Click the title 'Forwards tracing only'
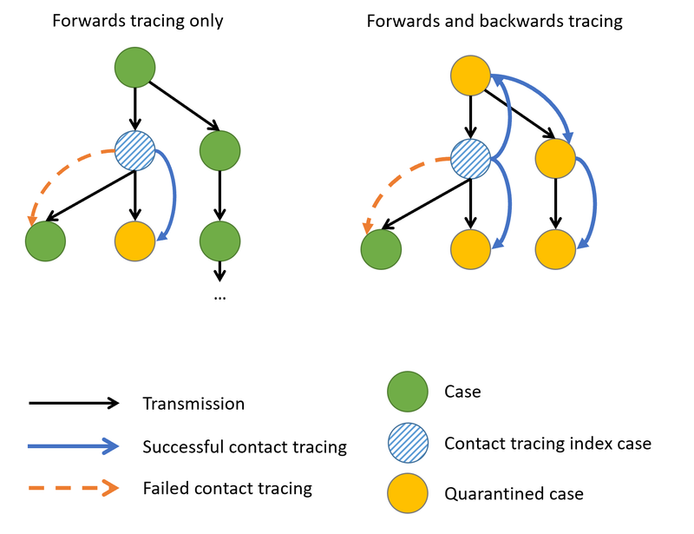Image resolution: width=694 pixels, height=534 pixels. tap(137, 21)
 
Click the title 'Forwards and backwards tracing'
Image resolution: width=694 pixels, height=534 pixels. tap(494, 21)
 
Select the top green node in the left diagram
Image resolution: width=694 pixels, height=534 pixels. tap(134, 68)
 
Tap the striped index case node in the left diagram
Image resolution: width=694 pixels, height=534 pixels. tap(134, 153)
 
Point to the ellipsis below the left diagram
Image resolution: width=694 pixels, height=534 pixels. tap(219, 296)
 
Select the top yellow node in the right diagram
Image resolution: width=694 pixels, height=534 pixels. tap(471, 76)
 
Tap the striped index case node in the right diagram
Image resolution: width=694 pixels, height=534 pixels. tap(471, 160)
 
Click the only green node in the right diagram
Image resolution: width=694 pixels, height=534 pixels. tap(382, 250)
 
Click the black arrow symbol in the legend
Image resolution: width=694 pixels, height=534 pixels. tap(74, 404)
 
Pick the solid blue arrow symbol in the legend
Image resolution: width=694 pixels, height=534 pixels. tap(74, 446)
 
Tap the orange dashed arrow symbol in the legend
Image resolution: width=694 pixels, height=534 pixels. tap(74, 488)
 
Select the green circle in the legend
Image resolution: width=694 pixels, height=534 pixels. tap(408, 392)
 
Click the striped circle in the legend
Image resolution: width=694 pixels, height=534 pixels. tap(408, 443)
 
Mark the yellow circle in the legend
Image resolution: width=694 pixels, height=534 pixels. tap(408, 493)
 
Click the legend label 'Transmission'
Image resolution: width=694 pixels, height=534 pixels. tap(193, 404)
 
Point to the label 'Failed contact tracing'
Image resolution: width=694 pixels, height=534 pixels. tap(227, 488)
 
